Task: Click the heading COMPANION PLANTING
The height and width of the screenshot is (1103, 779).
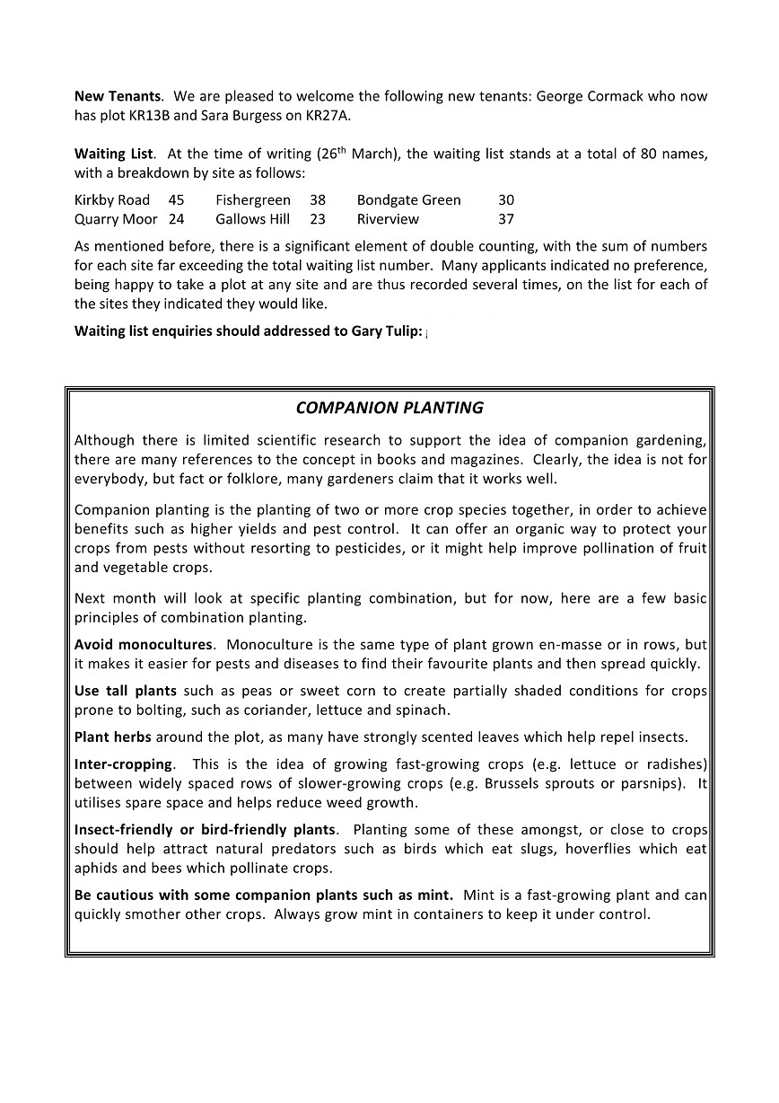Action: pyautogui.click(x=389, y=409)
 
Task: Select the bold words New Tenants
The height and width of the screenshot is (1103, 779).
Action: pyautogui.click(x=118, y=96)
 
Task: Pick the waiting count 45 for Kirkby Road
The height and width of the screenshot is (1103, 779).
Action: pyautogui.click(x=176, y=200)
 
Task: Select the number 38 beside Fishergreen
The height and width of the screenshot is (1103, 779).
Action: pyautogui.click(x=318, y=200)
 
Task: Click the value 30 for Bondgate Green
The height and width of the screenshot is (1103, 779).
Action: pyautogui.click(x=506, y=200)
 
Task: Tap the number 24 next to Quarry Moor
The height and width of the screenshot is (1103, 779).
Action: pyautogui.click(x=176, y=219)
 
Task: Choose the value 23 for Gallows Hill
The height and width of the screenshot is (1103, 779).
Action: pyautogui.click(x=318, y=219)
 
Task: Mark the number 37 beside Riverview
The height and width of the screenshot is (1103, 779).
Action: pyautogui.click(x=506, y=219)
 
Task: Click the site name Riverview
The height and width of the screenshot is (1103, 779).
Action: pyautogui.click(x=388, y=219)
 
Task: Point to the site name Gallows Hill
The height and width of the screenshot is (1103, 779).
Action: pyautogui.click(x=253, y=219)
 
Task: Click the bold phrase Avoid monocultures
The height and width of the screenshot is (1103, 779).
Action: pyautogui.click(x=144, y=645)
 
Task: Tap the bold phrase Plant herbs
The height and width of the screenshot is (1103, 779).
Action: pyautogui.click(x=113, y=737)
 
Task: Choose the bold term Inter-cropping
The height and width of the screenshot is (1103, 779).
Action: pyautogui.click(x=123, y=764)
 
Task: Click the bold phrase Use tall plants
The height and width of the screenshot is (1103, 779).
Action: pyautogui.click(x=126, y=692)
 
